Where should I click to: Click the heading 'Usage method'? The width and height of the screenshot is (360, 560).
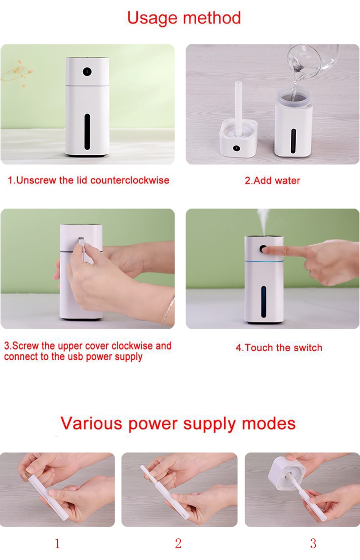[184, 18]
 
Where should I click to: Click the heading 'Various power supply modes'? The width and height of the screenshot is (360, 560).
[178, 423]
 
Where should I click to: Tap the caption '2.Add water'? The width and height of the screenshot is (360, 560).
[272, 181]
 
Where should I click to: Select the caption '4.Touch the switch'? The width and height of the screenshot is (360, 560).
[279, 348]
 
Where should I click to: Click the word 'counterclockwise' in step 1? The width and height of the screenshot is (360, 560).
[130, 180]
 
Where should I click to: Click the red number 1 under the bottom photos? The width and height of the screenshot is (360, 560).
[57, 543]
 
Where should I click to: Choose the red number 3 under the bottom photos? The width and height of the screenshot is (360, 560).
[313, 543]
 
